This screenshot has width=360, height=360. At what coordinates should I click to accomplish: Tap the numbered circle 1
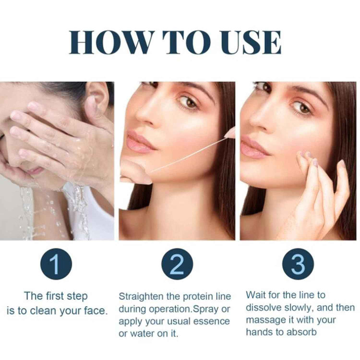tap(56, 264)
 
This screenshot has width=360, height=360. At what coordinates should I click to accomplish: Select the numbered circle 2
tap(177, 264)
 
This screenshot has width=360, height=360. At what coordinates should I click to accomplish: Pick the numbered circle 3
tap(298, 264)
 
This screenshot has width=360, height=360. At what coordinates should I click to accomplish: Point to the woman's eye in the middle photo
tap(188, 103)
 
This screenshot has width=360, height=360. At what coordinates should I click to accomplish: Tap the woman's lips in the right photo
tap(252, 147)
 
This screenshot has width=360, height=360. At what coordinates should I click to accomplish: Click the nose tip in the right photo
tap(254, 120)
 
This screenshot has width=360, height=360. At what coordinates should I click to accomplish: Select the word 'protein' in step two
tap(196, 297)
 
